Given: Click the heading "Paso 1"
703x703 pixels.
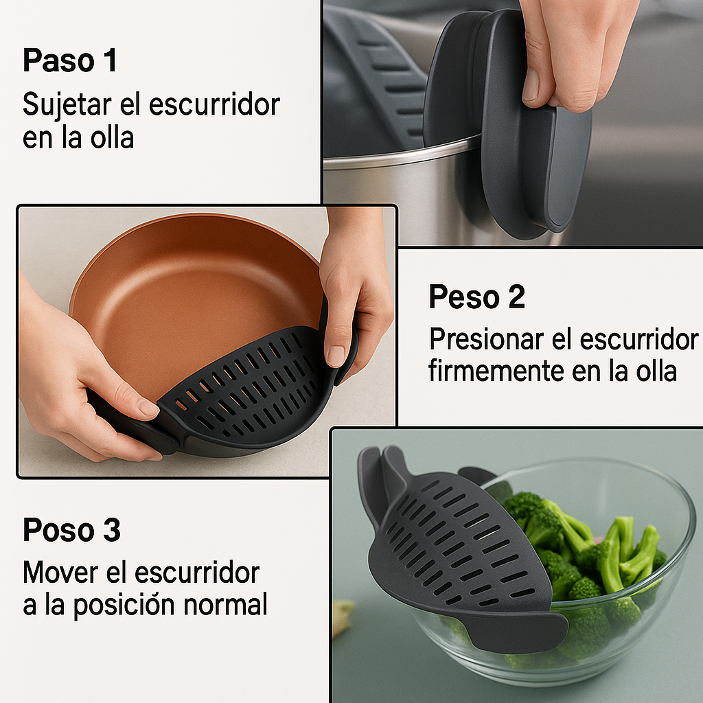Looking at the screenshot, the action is pyautogui.click(x=69, y=60).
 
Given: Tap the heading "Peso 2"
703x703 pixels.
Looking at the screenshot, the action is pyautogui.click(x=476, y=297).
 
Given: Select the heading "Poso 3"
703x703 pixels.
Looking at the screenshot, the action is pyautogui.click(x=71, y=529).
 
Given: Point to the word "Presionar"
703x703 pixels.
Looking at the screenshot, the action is pyautogui.click(x=487, y=338).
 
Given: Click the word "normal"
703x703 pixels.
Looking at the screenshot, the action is pyautogui.click(x=225, y=604).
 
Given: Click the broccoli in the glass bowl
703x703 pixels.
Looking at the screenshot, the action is pyautogui.click(x=588, y=569).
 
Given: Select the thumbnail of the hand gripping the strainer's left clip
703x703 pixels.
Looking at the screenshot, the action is pyautogui.click(x=148, y=406).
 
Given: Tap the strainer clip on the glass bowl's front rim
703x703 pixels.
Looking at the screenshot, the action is pyautogui.click(x=516, y=627).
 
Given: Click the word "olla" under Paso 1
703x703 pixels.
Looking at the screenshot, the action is pyautogui.click(x=112, y=137).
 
